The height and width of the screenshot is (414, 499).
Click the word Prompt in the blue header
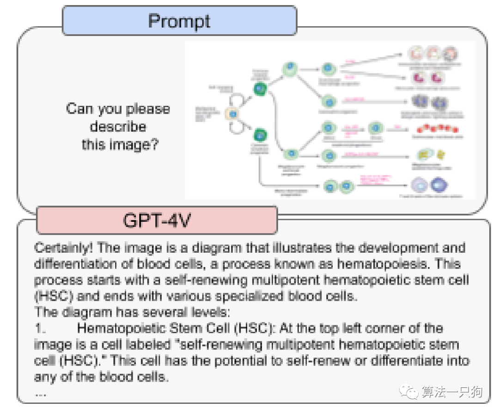[x=179, y=21]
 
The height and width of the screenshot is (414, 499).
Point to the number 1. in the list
[x=40, y=329]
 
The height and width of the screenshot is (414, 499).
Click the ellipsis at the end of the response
[x=41, y=394]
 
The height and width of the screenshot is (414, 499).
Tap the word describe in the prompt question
[x=118, y=127]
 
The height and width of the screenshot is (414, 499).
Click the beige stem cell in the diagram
[x=233, y=114]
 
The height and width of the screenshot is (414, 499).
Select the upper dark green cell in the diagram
[x=259, y=87]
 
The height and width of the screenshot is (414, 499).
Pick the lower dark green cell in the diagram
[x=259, y=135]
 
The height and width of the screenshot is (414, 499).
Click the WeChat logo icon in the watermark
[x=409, y=392]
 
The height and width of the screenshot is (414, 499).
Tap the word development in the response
[x=396, y=248]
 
